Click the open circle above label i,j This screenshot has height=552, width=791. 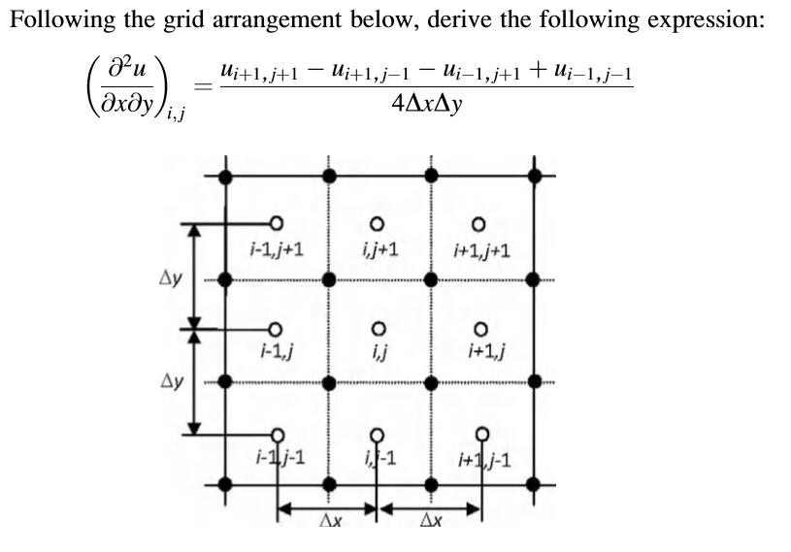(379, 328)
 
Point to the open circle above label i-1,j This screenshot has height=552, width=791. (276, 328)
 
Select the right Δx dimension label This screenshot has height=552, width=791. (430, 522)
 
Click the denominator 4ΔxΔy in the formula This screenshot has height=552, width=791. (427, 101)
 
